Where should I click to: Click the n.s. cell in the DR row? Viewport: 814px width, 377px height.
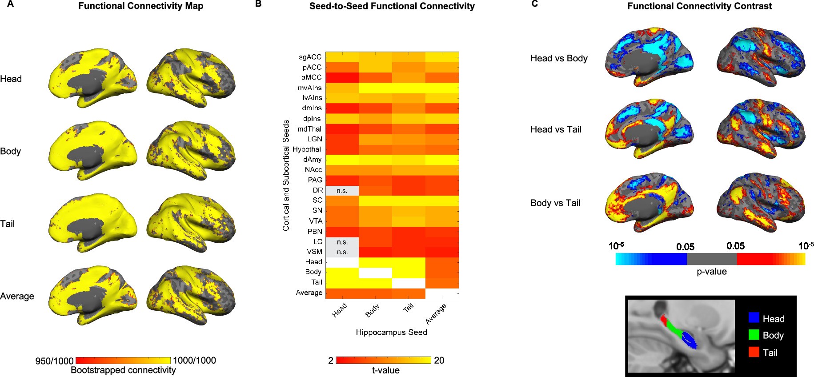pos(342,191)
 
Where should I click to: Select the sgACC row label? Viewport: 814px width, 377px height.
pos(310,57)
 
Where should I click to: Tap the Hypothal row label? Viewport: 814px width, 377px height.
pos(307,149)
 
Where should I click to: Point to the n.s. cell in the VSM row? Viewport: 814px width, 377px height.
pos(342,252)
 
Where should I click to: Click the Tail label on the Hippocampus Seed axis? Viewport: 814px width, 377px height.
pos(408,308)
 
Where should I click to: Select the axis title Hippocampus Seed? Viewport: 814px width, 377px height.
pos(391,332)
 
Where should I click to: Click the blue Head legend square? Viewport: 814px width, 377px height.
pos(754,317)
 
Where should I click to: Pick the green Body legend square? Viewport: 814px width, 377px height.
pos(754,334)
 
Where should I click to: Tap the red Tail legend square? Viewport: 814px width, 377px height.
pos(754,352)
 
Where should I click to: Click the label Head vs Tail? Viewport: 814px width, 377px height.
pos(556,129)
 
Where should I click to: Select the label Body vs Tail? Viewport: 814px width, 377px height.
pos(555,203)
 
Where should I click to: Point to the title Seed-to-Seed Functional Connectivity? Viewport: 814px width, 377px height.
pos(392,6)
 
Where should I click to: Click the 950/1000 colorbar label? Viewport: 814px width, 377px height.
pos(54,361)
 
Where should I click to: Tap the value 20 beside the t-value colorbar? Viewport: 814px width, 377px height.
pos(439,361)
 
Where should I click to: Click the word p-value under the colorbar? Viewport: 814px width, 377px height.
pos(711,272)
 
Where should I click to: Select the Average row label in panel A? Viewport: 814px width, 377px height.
pos(17,296)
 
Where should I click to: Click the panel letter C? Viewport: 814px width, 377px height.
pos(535,4)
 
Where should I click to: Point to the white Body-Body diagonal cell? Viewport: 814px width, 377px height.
pos(375,273)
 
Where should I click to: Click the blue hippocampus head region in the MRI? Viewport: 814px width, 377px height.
pos(689,340)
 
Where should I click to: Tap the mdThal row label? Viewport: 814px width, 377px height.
pos(309,129)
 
